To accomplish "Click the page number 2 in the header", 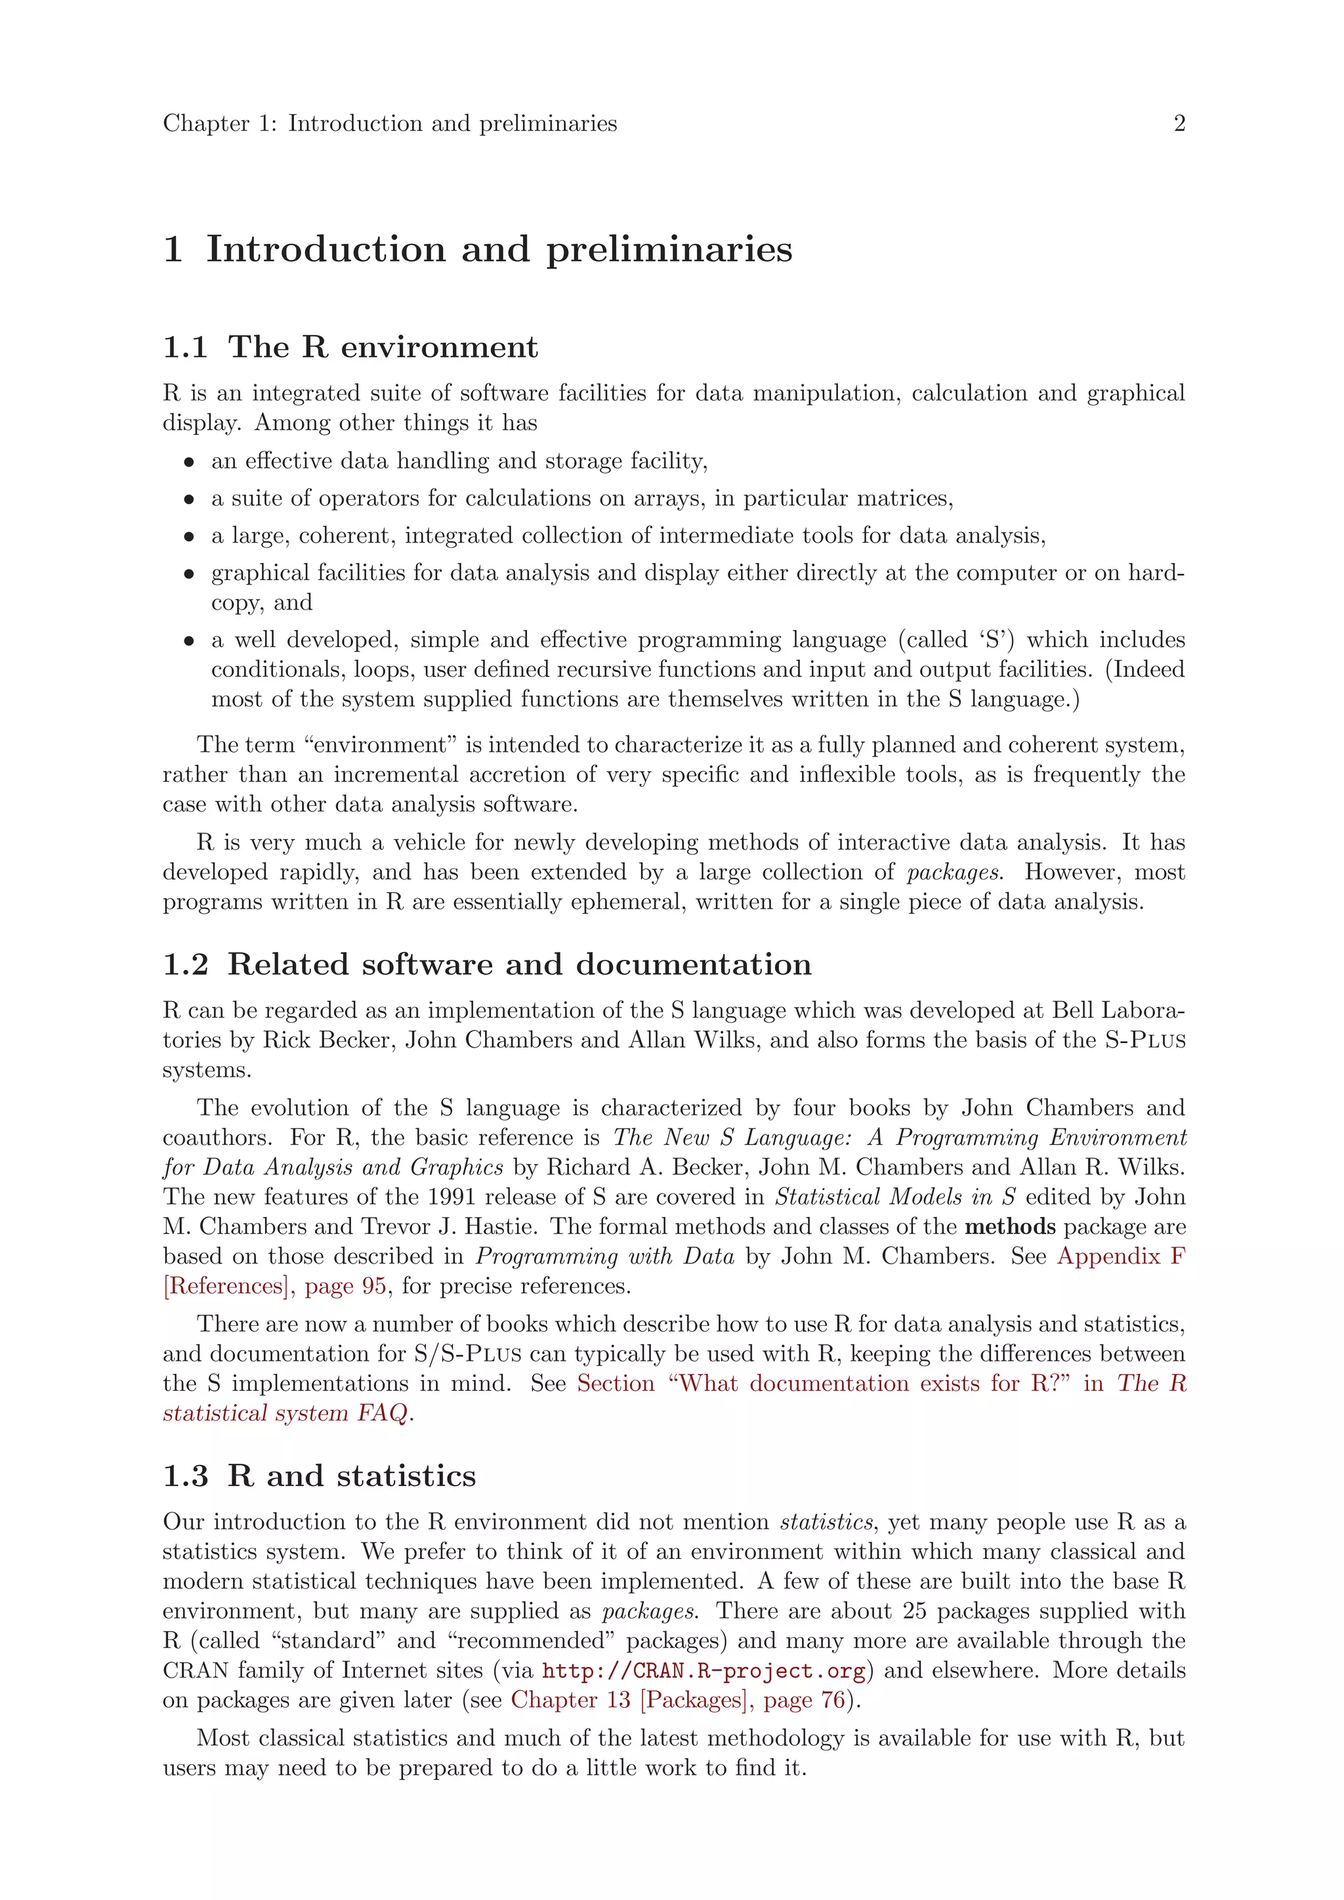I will pos(1179,123).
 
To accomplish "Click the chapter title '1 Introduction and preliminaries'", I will pos(478,249).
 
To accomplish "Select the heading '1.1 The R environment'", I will pos(350,346).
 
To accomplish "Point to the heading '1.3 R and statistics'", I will pos(320,1476).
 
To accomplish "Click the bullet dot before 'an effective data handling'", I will pos(190,463).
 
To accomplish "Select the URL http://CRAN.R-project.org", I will pos(703,1671).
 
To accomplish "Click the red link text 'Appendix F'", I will pos(1121,1256).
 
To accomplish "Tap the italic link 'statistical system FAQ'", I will pos(285,1413).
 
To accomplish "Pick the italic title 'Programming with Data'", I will pos(604,1256).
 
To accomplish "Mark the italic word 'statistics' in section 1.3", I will pos(826,1522).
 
